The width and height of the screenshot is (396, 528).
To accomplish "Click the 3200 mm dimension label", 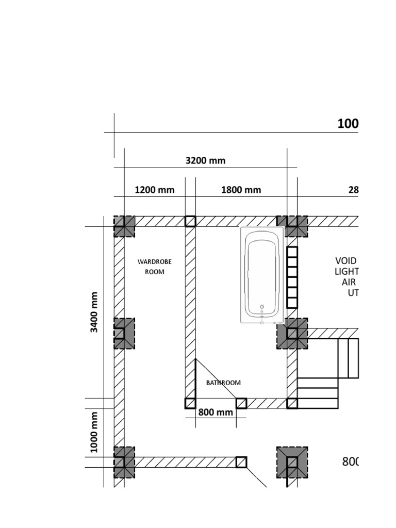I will [205, 160].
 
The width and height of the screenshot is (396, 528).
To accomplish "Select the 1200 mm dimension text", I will [155, 190].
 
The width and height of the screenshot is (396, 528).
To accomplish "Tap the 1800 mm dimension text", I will [241, 190].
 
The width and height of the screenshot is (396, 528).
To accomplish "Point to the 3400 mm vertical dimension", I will [94, 312].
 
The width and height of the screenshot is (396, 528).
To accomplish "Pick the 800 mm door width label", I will [216, 412].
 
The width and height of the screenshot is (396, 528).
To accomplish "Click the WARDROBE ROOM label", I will [154, 267].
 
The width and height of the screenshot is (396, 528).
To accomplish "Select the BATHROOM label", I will [223, 383].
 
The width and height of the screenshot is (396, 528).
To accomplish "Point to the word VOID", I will [346, 260].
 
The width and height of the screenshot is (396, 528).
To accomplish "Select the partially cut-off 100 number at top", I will [348, 124].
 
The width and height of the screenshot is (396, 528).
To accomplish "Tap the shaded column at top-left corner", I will [124, 226].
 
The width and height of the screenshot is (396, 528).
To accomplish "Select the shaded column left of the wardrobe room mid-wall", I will [124, 333].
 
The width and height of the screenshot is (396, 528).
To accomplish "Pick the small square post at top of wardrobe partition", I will [190, 221].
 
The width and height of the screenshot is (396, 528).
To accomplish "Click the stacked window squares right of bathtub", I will [292, 277].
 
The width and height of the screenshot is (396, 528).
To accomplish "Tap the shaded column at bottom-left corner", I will [124, 462].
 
